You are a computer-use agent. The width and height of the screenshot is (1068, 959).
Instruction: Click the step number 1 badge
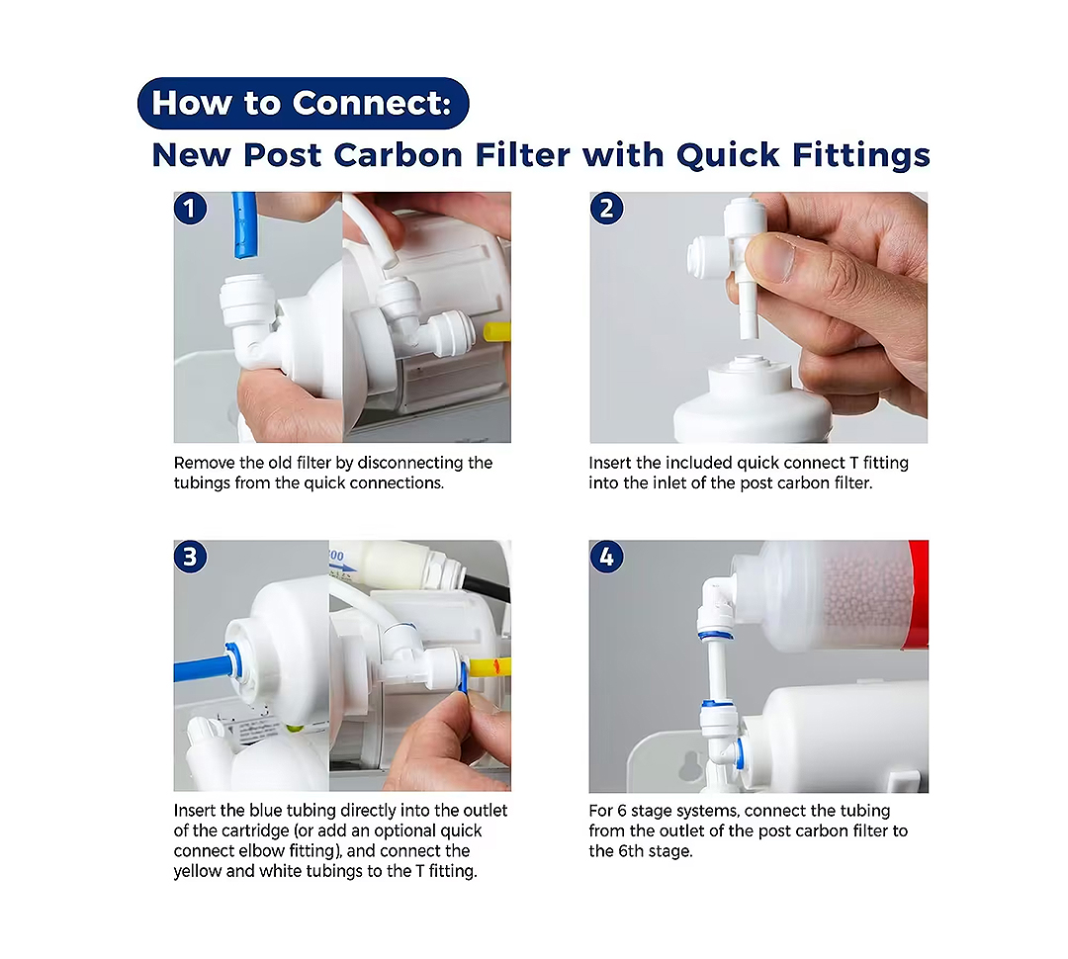tap(190, 209)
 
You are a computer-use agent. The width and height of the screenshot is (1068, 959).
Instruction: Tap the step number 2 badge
tap(606, 209)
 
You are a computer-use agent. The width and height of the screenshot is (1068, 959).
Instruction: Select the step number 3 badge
tap(190, 557)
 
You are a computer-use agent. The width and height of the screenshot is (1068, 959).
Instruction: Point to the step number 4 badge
tap(606, 557)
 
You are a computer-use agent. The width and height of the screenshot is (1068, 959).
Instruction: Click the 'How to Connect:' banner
tap(304, 104)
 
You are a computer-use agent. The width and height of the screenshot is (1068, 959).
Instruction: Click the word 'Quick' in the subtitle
tap(728, 154)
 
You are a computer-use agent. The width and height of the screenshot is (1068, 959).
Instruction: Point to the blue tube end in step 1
tap(245, 251)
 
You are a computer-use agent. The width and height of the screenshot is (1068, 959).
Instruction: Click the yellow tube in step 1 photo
tap(497, 332)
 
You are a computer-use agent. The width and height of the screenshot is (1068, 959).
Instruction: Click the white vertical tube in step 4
tap(715, 670)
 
